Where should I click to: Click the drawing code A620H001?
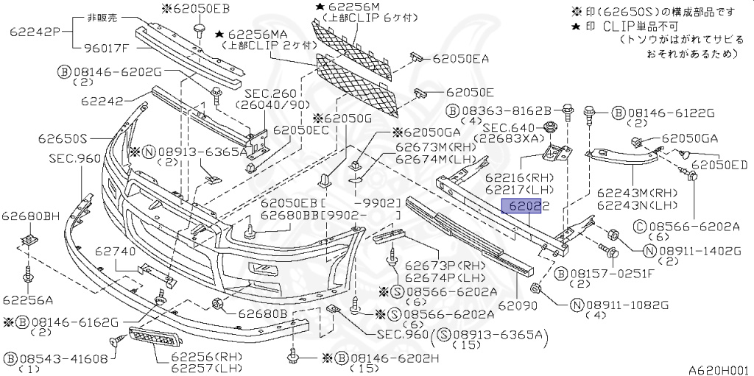(718, 369)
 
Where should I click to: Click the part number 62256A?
(27, 299)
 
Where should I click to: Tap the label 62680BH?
(30, 216)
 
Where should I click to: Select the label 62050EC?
(301, 129)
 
